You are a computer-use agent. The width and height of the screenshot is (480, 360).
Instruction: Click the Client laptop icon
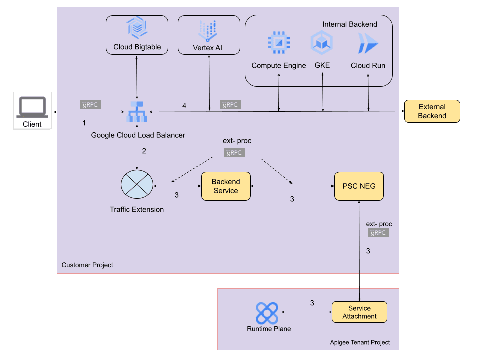(x=32, y=106)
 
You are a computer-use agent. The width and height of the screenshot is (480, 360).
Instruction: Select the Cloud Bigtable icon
(x=137, y=28)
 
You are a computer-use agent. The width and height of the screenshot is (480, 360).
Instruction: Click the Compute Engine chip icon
(x=278, y=43)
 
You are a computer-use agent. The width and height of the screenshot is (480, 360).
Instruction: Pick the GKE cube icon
(x=322, y=43)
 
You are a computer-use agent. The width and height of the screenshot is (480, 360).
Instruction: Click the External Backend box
(x=432, y=111)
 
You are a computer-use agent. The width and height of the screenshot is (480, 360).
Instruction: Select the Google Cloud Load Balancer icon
(x=137, y=112)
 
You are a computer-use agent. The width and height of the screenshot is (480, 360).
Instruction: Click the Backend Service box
(x=226, y=186)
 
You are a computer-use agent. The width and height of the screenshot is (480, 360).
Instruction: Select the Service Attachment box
(x=359, y=312)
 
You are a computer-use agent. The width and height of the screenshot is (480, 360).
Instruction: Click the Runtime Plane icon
(x=267, y=313)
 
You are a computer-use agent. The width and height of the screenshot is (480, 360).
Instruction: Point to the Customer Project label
(x=87, y=265)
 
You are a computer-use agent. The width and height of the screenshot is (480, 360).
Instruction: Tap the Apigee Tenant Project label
(x=360, y=342)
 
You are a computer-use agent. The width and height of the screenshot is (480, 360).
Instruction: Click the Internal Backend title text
(x=350, y=24)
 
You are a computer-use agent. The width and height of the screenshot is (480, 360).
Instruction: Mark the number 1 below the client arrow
(x=84, y=122)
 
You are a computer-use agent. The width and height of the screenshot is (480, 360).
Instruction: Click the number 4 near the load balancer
(x=184, y=106)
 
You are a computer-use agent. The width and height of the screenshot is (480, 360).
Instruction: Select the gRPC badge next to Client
(x=91, y=105)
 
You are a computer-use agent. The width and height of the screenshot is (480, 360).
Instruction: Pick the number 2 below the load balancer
(x=144, y=151)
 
